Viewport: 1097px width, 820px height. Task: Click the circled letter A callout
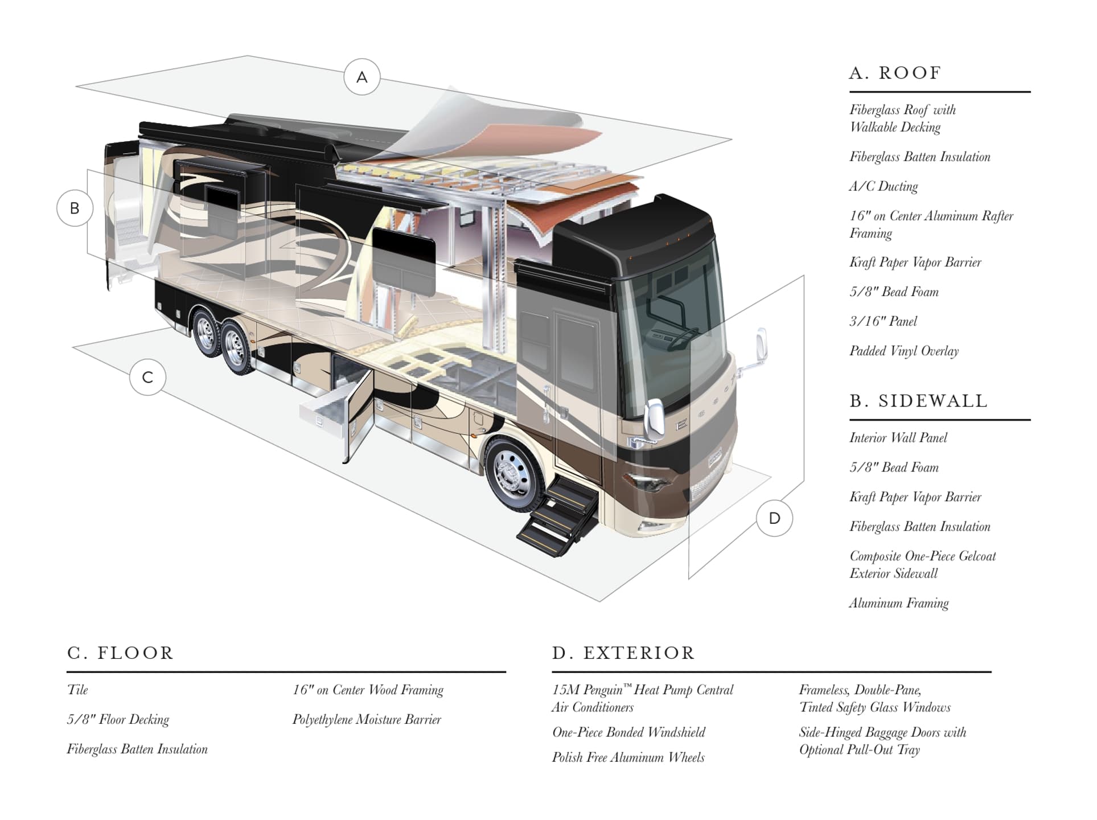pos(362,77)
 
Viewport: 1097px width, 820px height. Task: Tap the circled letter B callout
pos(75,208)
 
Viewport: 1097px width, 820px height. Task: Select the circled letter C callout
pos(147,377)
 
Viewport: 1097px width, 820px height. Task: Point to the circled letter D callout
pos(774,518)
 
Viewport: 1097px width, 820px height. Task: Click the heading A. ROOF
pos(895,73)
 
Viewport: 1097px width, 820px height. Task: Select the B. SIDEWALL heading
pos(918,401)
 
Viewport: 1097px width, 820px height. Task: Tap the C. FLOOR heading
pos(120,653)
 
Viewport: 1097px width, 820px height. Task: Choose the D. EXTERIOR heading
pos(623,653)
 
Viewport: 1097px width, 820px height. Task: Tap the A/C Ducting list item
pos(884,186)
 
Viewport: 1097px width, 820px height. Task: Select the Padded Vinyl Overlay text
pos(904,351)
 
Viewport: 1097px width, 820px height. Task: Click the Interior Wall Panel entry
pos(898,438)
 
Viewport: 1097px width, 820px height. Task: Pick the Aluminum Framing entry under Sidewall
pos(899,603)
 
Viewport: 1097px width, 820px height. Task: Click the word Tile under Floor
pos(77,690)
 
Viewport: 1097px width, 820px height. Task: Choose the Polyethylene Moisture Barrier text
pos(367,720)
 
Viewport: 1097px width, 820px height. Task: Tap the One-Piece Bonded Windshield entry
pos(628,732)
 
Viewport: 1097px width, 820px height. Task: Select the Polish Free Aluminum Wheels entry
pos(628,757)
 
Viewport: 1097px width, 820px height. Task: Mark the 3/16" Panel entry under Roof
pos(883,321)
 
